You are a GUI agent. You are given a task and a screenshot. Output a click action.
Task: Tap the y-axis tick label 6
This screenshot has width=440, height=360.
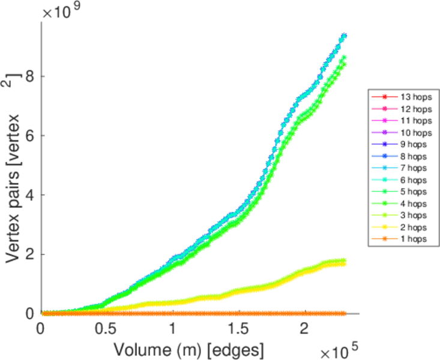(x=29, y=136)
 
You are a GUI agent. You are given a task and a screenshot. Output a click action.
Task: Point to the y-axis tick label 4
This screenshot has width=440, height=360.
(x=29, y=195)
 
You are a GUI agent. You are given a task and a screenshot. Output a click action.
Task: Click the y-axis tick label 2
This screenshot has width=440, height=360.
(x=29, y=254)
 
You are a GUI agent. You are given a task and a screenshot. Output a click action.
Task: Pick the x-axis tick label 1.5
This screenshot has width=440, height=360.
(x=238, y=329)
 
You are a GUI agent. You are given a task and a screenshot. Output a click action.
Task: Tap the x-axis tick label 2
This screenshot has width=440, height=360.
(x=304, y=329)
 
